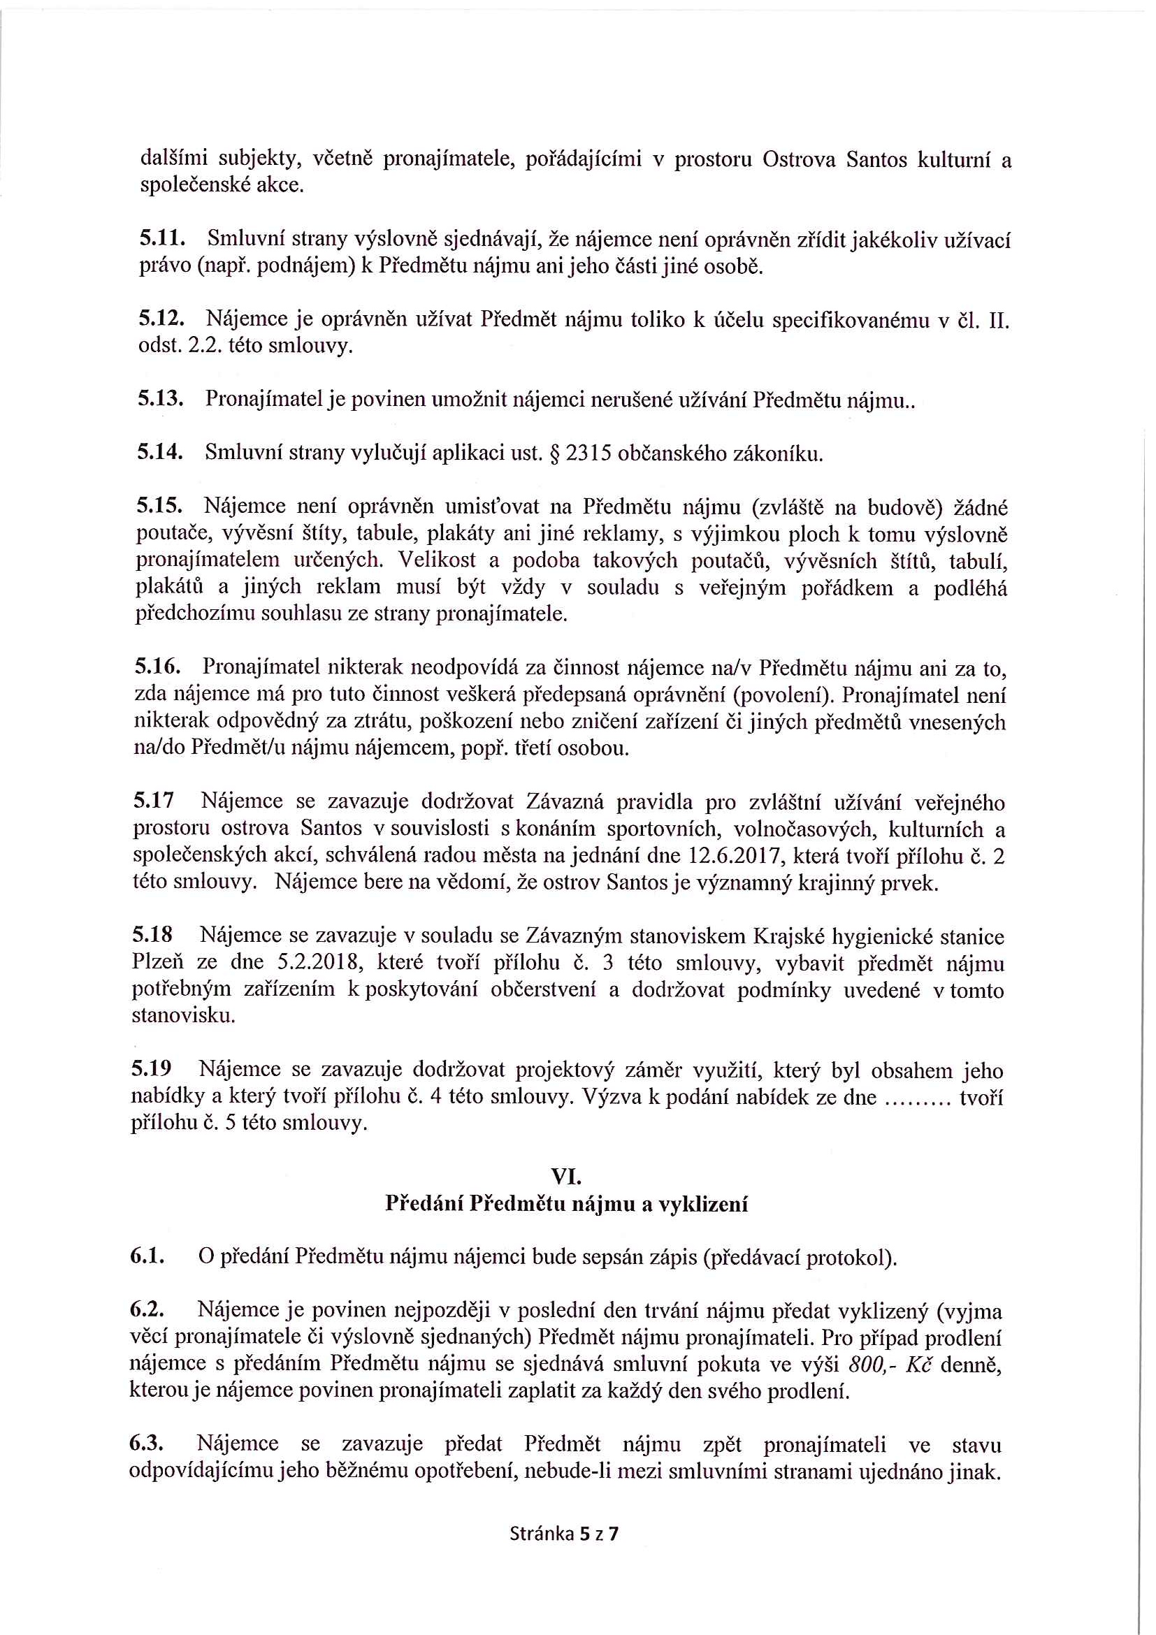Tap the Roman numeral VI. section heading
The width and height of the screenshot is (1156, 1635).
566,1177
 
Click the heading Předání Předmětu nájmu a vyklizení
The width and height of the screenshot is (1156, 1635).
566,1203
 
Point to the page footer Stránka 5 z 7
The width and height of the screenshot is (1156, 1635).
564,1533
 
